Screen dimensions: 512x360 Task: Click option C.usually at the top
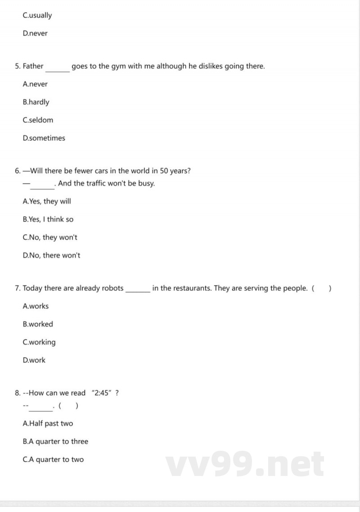[x=37, y=15]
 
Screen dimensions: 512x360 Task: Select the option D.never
[x=35, y=33]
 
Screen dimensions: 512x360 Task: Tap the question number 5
[x=17, y=66]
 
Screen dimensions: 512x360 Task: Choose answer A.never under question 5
[x=35, y=84]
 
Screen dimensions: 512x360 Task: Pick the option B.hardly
[x=36, y=102]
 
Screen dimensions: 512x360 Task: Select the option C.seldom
[x=38, y=120]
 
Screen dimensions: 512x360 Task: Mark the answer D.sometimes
[x=44, y=138]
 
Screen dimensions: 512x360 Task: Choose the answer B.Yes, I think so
[x=48, y=220]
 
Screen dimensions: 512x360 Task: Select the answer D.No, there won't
[x=51, y=256]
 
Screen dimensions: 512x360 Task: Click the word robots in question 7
[x=112, y=288]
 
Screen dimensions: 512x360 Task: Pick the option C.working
[x=39, y=342]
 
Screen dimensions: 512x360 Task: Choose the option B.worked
[x=38, y=324]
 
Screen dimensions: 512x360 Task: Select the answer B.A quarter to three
[x=55, y=442]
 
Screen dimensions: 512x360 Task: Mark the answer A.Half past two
[x=48, y=424]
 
